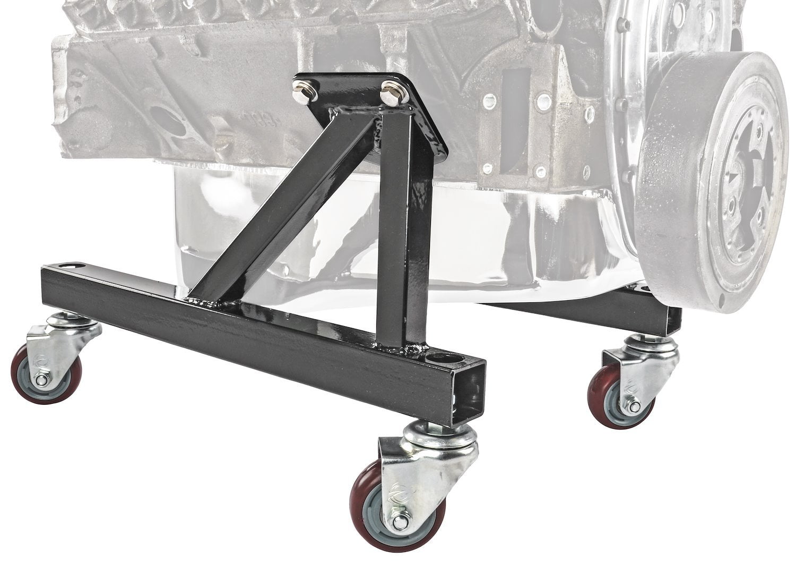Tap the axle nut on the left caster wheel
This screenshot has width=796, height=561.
click(x=41, y=380)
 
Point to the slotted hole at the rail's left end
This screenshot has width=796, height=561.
click(x=67, y=265)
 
